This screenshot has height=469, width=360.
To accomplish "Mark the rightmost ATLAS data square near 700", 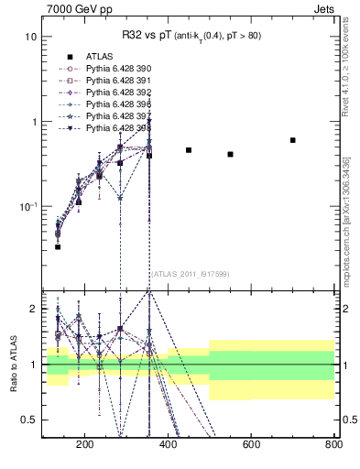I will [292, 140].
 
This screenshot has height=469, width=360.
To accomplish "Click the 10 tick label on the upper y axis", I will [30, 38].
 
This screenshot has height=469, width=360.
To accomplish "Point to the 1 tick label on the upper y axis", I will [33, 122].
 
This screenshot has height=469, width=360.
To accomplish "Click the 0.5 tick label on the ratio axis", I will [27, 420].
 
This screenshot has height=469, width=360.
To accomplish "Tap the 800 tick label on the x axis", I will [333, 446].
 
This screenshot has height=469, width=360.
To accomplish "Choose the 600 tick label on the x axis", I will [250, 446].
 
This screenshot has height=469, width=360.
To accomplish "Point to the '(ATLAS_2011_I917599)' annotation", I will [190, 273].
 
